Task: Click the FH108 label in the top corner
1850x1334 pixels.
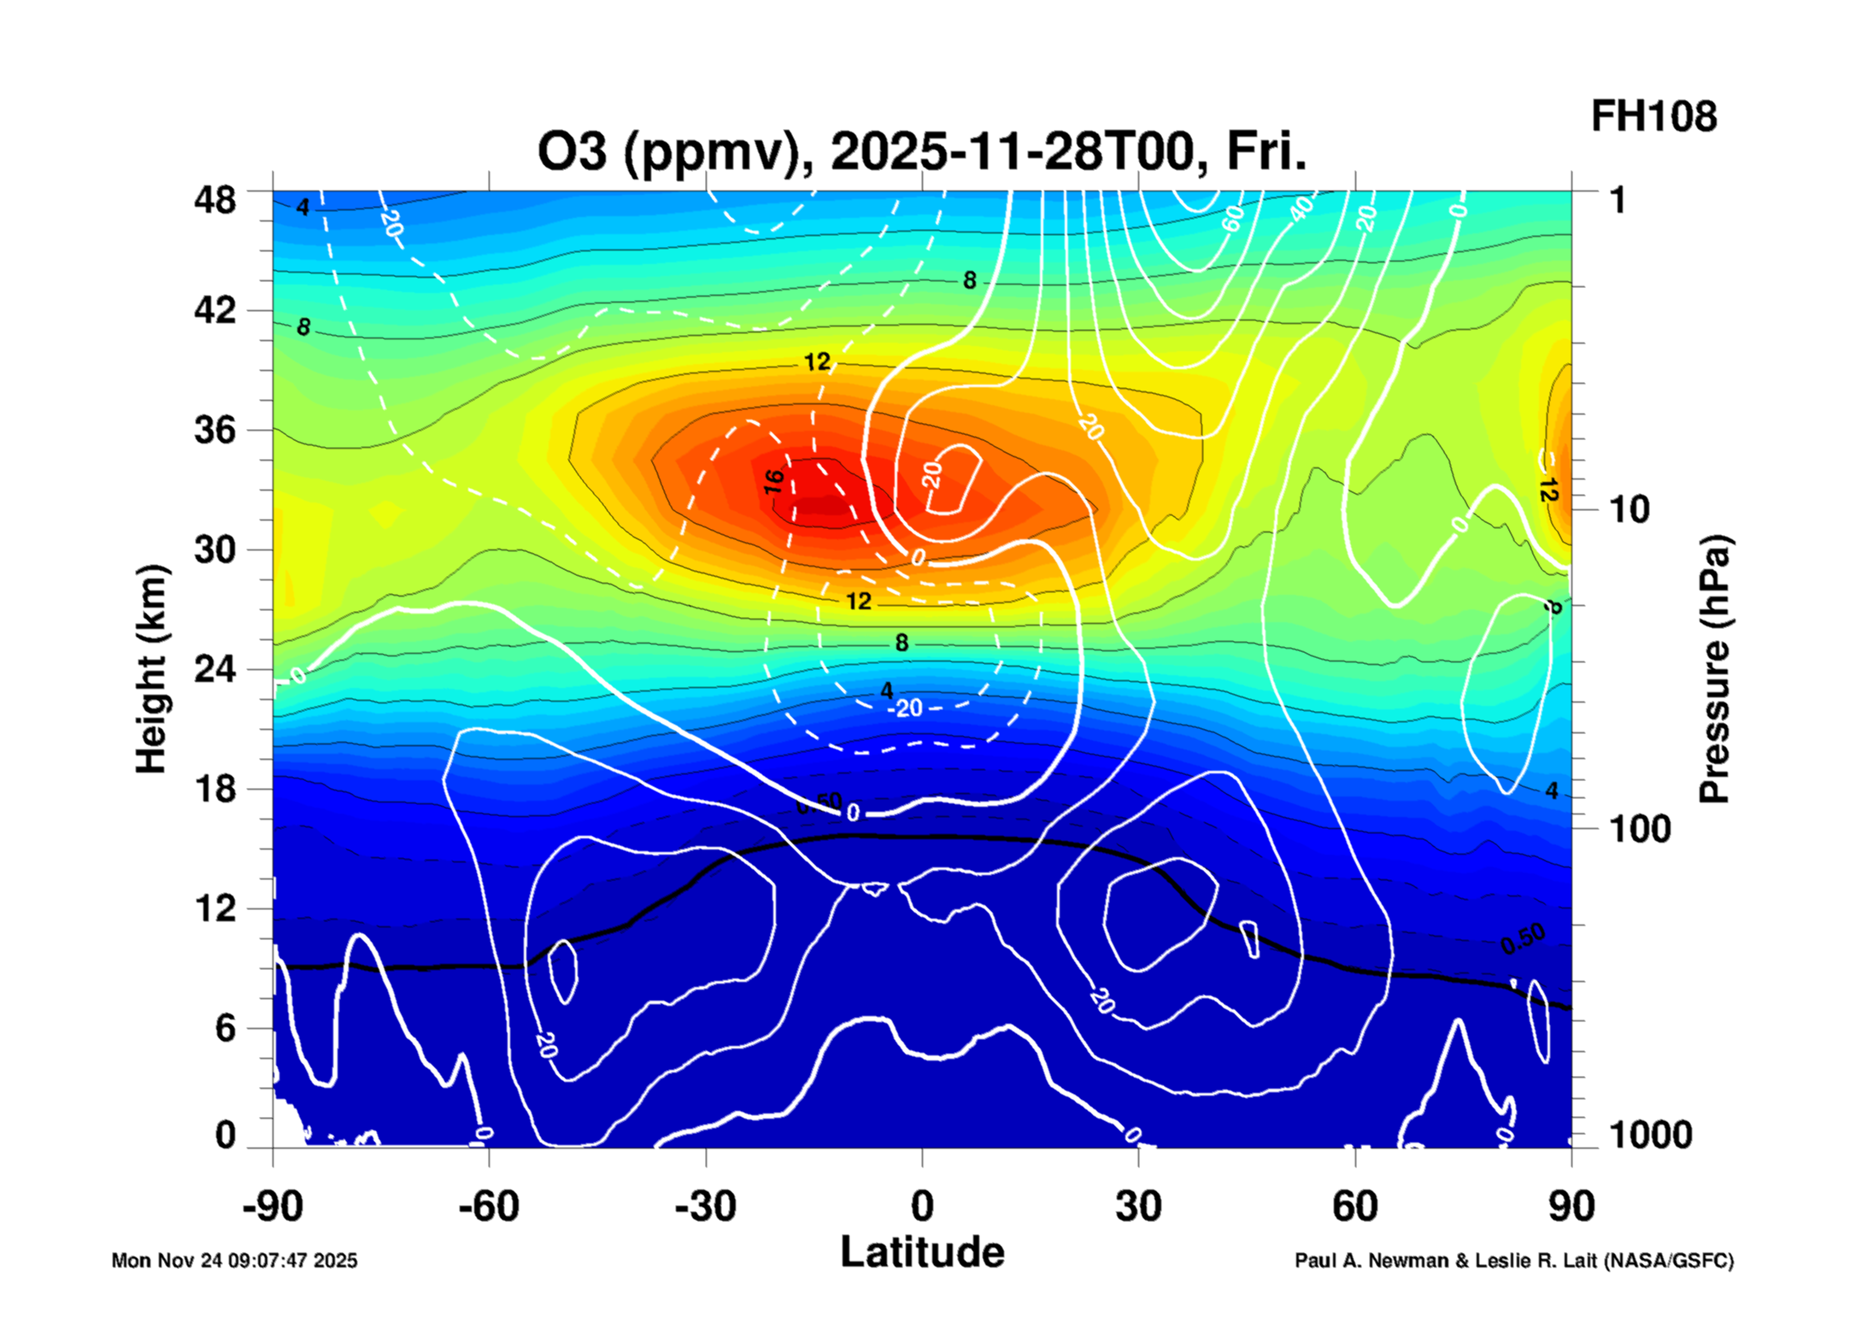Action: (x=1653, y=117)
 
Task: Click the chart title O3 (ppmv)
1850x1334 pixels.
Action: (x=921, y=152)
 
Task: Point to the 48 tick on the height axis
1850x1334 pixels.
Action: (x=214, y=200)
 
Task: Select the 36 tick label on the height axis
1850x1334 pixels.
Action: (x=214, y=429)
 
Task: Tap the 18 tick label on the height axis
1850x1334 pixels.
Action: (x=214, y=788)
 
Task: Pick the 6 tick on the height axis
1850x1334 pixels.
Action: (x=225, y=1028)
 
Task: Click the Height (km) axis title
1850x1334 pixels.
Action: (x=151, y=669)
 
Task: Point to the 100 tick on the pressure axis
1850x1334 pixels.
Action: (x=1640, y=829)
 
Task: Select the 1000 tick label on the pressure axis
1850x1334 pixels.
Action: (x=1650, y=1135)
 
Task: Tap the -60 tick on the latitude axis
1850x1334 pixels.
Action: (x=489, y=1207)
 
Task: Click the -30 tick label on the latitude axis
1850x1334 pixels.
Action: (x=705, y=1207)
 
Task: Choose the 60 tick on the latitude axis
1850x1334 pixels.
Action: (x=1355, y=1207)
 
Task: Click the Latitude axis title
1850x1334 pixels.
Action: (x=922, y=1253)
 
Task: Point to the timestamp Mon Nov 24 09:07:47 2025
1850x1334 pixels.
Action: (x=234, y=1261)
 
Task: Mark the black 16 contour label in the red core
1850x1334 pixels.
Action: (x=773, y=481)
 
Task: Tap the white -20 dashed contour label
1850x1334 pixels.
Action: (x=906, y=708)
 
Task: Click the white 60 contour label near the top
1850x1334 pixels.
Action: (x=1232, y=219)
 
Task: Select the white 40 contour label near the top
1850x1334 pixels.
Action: (x=1301, y=208)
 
